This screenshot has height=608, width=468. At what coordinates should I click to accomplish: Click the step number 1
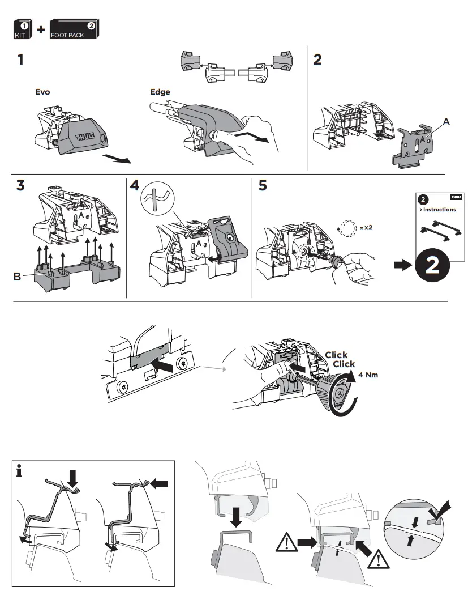coord(20,59)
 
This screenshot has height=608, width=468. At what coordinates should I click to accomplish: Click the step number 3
coord(21,186)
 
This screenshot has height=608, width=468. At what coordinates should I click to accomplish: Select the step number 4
coord(135,186)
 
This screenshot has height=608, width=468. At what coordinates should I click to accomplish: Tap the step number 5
coord(262,186)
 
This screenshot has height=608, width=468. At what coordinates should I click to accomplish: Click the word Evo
coord(42,92)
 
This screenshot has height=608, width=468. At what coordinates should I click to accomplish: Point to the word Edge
coord(160,92)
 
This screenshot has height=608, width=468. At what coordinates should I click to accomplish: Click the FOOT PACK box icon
coord(75,29)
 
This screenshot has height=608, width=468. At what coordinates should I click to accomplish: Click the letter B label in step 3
coord(17,277)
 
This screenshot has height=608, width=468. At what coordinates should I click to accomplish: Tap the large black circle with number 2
coord(432,265)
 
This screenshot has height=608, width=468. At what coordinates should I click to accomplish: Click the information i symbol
coord(20,470)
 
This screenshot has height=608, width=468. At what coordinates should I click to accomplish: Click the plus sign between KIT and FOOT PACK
coord(41,29)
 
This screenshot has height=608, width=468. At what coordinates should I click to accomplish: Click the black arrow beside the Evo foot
coord(118,159)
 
